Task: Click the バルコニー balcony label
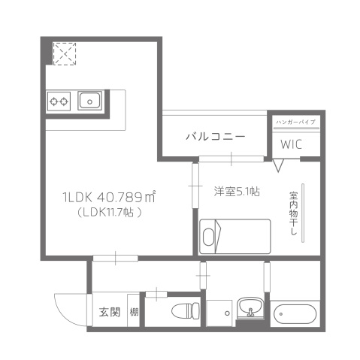coord(215,137)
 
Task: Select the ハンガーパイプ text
coord(296,121)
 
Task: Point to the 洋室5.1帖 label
coord(237,192)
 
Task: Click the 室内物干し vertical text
coord(293,215)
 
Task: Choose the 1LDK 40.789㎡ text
coord(108,198)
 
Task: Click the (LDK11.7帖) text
coord(109,213)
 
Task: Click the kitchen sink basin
coord(90,99)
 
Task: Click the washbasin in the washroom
coord(249,308)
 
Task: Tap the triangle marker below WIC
coord(279,164)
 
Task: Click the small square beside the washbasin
coord(219,312)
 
